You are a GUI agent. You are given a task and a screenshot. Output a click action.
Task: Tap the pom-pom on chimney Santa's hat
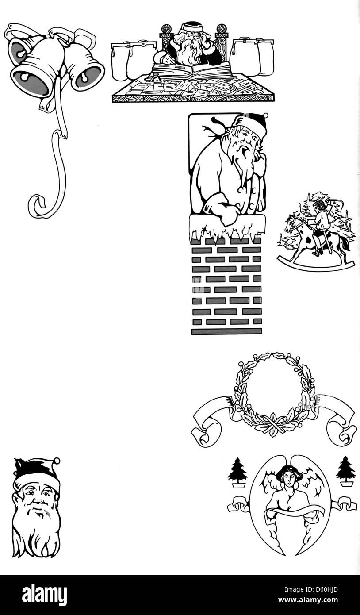(265, 115)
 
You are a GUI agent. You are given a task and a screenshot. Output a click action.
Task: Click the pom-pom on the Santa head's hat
(57, 461)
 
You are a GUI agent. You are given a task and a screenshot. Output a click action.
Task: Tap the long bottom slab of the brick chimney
(226, 331)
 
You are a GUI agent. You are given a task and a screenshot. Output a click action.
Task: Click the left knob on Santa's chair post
(165, 29)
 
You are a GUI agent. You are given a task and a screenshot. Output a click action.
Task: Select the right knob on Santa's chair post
(222, 29)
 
